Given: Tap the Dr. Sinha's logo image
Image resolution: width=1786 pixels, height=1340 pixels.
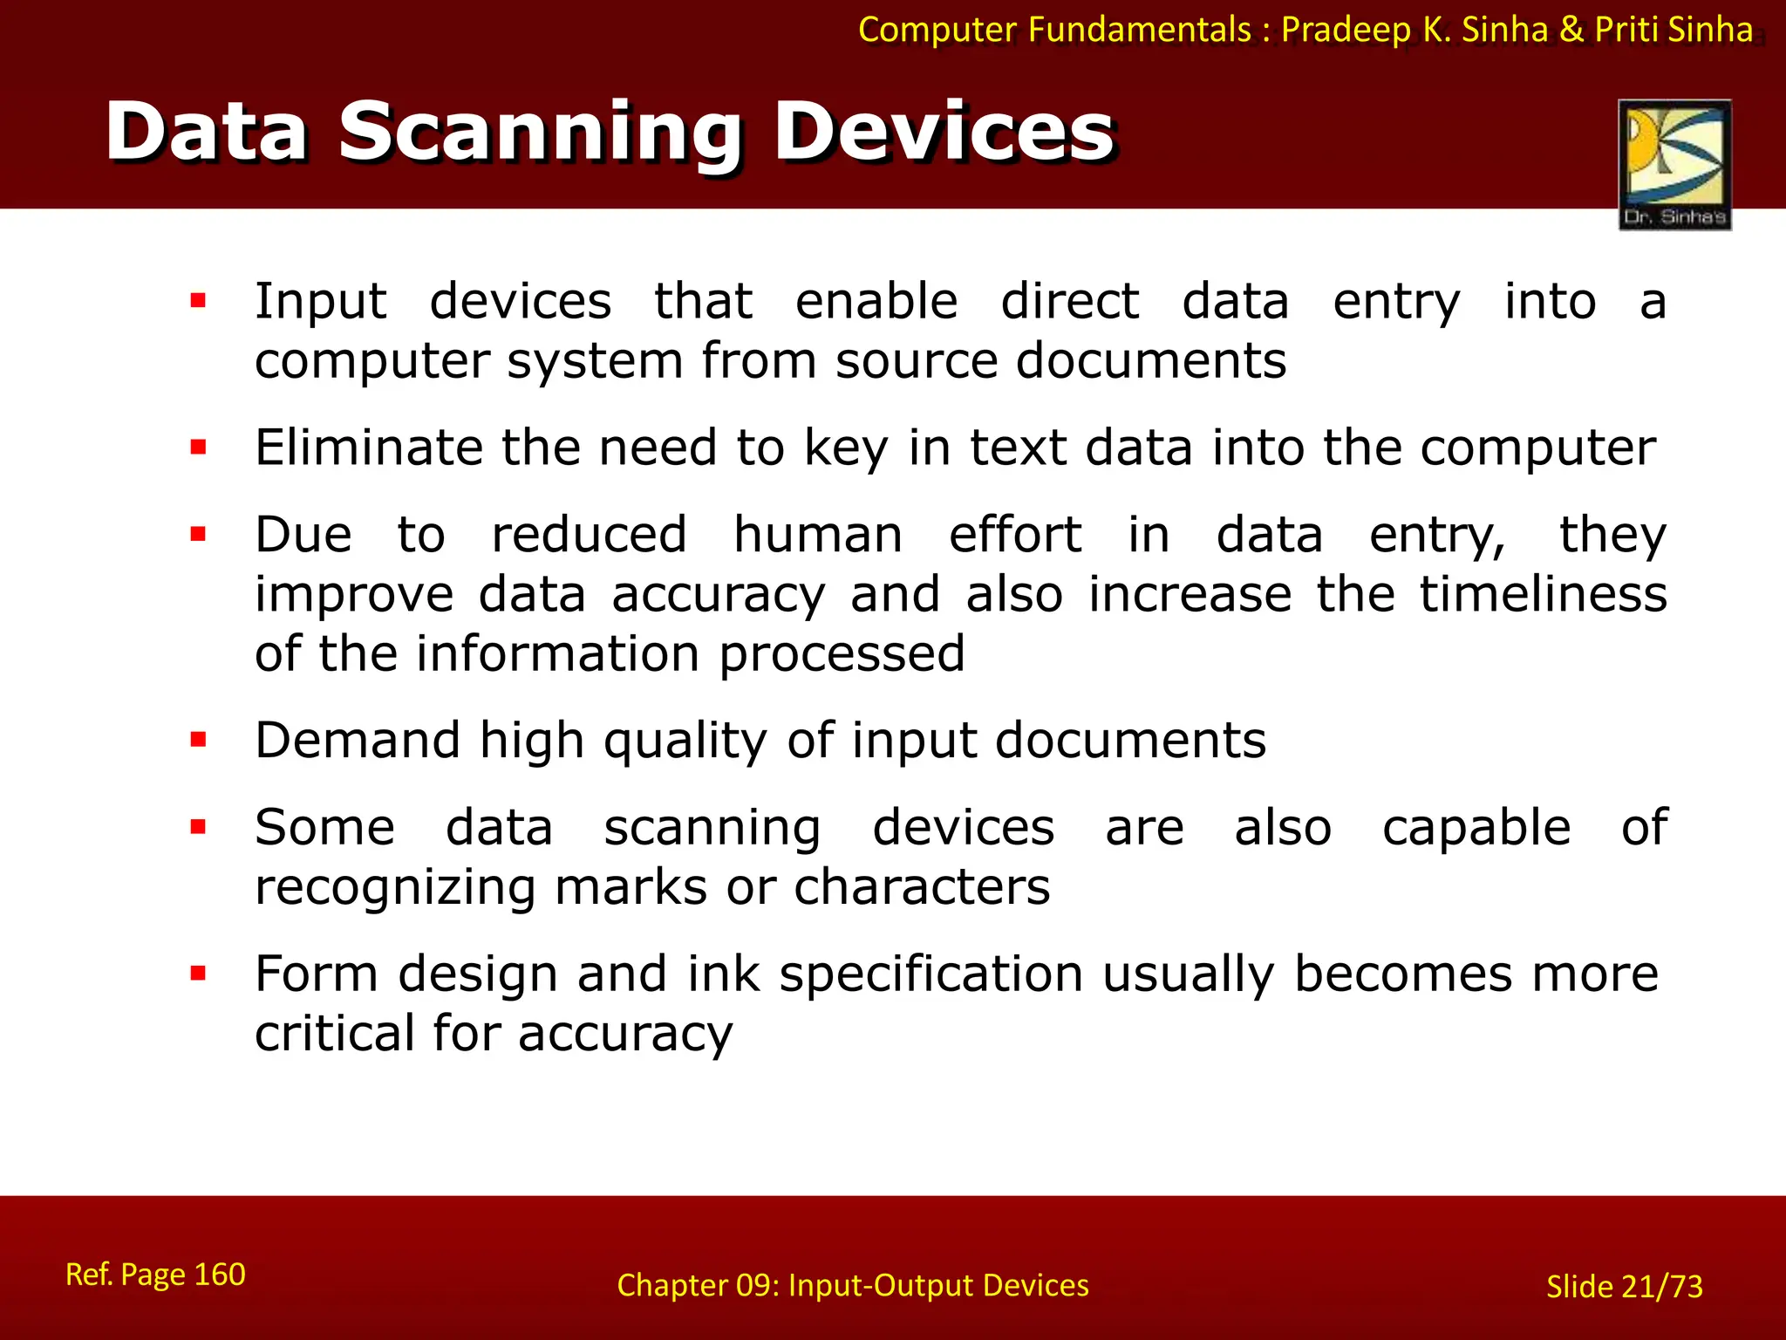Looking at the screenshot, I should pos(1674,164).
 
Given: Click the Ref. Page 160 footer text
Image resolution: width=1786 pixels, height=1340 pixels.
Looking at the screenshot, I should pos(155,1275).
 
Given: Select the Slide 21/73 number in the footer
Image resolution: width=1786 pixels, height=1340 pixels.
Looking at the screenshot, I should pos(1624,1287).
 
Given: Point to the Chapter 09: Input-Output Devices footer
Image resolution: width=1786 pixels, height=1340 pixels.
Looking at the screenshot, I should pos(852,1286).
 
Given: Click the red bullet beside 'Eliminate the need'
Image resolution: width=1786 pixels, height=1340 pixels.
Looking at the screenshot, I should pos(198,448).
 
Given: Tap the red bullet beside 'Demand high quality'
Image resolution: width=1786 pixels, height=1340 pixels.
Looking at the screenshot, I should pos(198,741).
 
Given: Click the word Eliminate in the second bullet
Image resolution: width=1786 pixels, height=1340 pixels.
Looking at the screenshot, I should pos(368,448).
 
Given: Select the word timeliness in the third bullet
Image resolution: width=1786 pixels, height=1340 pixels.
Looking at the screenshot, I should pos(1543,594).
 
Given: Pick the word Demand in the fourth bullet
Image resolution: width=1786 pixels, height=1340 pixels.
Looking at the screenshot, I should pos(357,741).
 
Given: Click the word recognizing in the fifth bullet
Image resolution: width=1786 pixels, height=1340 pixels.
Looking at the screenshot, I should pos(394,888).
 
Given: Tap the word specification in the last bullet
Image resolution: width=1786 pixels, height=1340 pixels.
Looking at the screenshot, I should pos(930,974).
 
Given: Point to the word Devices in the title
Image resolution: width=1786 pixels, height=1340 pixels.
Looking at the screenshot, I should pos(944,133).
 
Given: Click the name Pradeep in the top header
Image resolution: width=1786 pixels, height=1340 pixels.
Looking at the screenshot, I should pos(1346,31).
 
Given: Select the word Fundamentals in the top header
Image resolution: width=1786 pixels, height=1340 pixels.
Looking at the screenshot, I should pos(1139,31).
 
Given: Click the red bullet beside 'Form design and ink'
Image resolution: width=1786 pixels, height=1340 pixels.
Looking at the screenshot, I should pos(198,974).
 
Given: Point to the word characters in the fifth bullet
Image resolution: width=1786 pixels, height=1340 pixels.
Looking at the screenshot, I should pos(921,888).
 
